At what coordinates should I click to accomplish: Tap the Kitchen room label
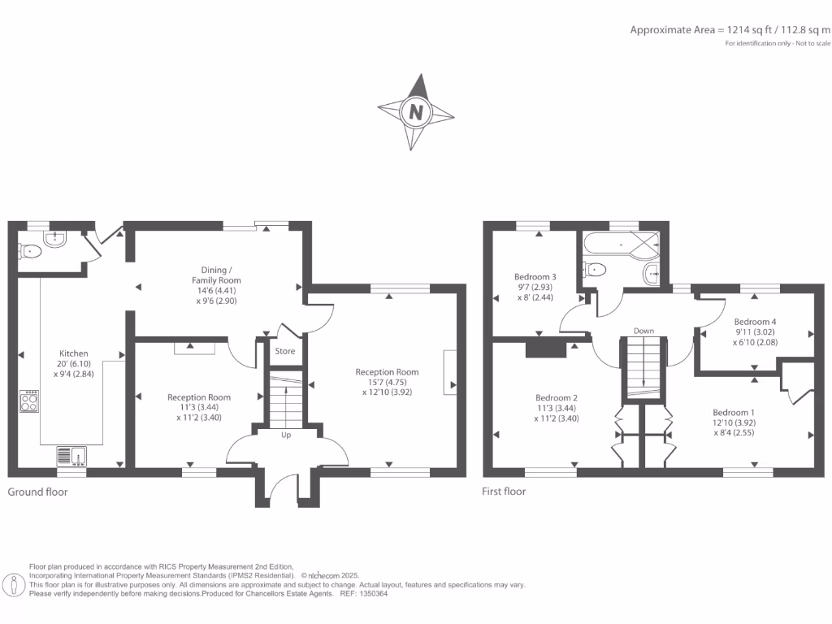(x=73, y=353)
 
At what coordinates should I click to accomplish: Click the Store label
(x=285, y=352)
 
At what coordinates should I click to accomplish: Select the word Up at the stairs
(x=286, y=435)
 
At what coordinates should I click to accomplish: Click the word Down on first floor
(x=643, y=331)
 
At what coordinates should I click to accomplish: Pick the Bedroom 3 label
(x=535, y=276)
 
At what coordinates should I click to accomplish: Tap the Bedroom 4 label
(x=755, y=321)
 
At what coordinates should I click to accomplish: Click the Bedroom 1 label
(x=734, y=412)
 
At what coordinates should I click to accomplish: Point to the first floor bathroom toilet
(x=594, y=269)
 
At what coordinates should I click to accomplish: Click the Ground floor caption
(x=37, y=492)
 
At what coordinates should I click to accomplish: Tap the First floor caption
(x=505, y=492)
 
